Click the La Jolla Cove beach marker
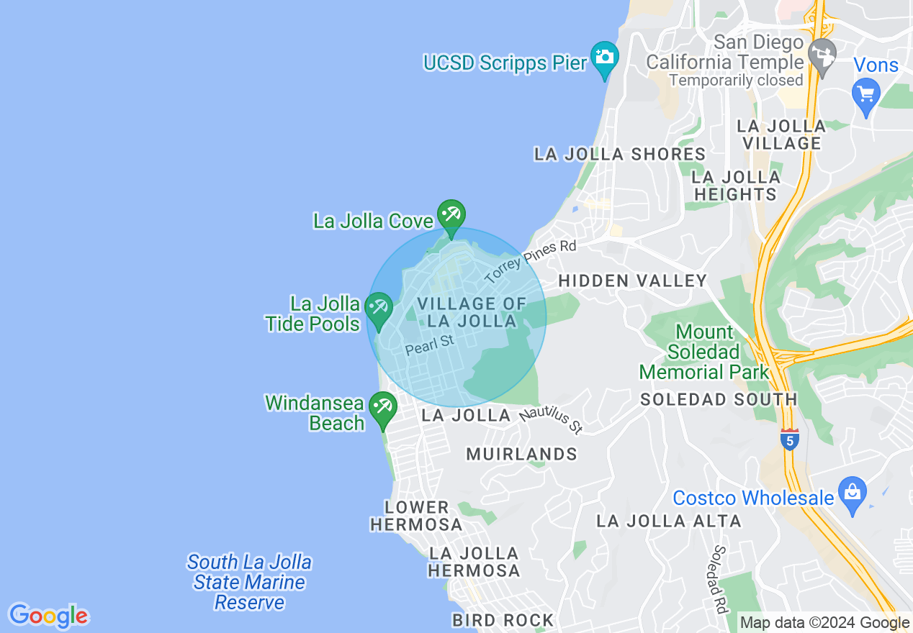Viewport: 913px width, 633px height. point(451,216)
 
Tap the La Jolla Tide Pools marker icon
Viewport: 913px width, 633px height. point(379,309)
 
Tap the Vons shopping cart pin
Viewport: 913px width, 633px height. point(865,94)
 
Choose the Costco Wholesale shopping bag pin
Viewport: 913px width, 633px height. point(853,494)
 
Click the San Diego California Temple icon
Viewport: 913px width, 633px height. point(822,54)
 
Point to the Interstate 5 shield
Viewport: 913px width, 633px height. point(790,440)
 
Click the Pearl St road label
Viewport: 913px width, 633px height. point(430,345)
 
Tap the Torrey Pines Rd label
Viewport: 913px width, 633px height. point(531,262)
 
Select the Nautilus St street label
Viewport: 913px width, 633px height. point(551,420)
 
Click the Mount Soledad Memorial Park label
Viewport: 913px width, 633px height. point(705,352)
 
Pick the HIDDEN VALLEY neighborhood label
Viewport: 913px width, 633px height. point(633,281)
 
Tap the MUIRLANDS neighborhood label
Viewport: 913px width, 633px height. point(522,454)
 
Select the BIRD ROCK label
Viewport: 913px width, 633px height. point(503,620)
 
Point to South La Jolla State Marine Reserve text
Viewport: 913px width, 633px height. point(249,582)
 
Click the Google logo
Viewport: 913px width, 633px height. point(48,616)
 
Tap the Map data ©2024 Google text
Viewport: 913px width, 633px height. point(824,623)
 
